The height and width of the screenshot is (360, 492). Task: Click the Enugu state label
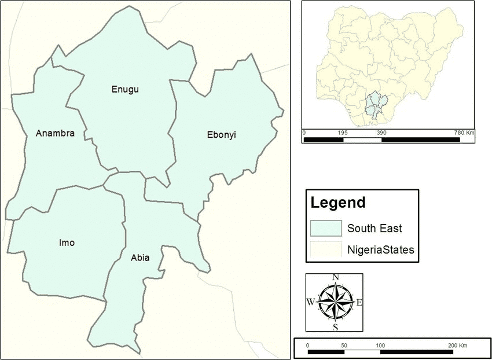coord(126,89)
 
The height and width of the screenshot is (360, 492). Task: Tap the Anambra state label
coord(55,134)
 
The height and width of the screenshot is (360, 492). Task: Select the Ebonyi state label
coord(222,135)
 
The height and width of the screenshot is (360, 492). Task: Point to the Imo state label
coord(67,243)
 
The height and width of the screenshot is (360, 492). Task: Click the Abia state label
coord(140,258)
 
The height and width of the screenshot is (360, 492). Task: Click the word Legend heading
coord(338,203)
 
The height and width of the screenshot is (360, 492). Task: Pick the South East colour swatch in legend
coord(326,228)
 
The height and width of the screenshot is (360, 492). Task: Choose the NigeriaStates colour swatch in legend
coord(326,250)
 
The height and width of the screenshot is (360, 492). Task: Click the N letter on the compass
coord(335,277)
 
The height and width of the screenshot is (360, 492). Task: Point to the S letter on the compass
coord(335,328)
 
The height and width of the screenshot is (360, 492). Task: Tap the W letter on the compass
coord(310,302)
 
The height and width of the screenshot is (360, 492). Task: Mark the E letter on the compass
coord(359,302)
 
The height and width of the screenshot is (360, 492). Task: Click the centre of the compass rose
coord(335,302)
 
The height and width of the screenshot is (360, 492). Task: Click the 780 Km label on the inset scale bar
coord(464,133)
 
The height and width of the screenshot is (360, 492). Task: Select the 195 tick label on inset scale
coord(342,133)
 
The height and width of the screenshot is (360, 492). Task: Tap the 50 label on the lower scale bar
coord(344,345)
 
